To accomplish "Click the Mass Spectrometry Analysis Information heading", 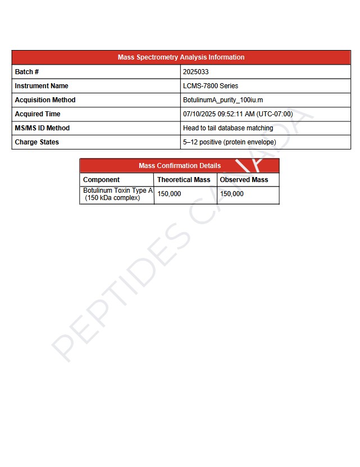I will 181,57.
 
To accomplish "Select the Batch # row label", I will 27,72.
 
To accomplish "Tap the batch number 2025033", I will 196,72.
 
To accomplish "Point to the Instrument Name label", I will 42,86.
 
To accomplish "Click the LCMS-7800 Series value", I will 211,86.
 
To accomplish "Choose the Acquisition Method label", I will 45,100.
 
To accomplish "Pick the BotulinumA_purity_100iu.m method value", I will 223,100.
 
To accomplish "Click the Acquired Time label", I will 38,114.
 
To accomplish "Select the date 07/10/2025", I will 199,114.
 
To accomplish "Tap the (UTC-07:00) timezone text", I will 275,114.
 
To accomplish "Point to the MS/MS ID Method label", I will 42,128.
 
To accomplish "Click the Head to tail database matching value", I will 228,128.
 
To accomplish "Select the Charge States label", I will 37,142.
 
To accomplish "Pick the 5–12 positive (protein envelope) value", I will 230,142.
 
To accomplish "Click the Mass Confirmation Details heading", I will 180,166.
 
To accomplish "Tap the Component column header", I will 102,180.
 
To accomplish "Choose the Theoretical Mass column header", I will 184,180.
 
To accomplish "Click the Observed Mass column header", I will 244,180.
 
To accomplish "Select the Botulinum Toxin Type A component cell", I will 117,194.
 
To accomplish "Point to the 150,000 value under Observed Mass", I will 232,194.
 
